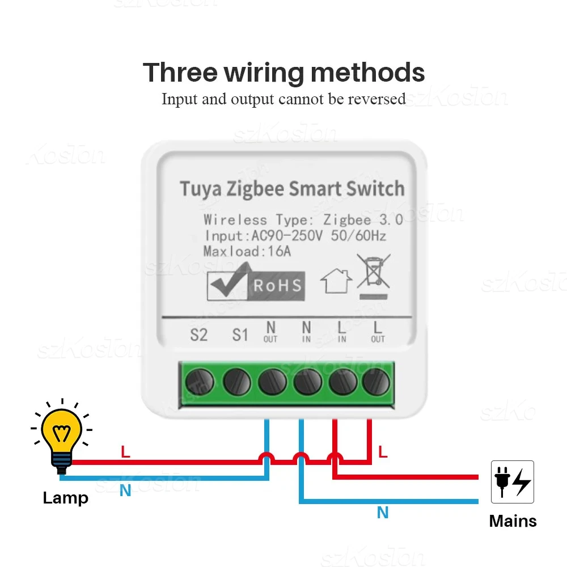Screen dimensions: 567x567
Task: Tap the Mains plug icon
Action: pyautogui.click(x=512, y=482)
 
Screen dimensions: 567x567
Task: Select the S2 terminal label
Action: pyautogui.click(x=198, y=335)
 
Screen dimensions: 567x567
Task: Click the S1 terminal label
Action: pyautogui.click(x=240, y=335)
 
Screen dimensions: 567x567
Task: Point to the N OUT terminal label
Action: pyautogui.click(x=270, y=332)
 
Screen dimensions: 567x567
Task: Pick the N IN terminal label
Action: pyautogui.click(x=306, y=332)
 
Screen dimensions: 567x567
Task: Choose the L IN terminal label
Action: pyautogui.click(x=342, y=332)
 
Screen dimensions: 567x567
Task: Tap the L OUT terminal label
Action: pyautogui.click(x=378, y=332)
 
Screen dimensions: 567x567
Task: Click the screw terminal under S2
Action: pyautogui.click(x=201, y=383)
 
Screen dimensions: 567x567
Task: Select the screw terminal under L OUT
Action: pyautogui.click(x=377, y=383)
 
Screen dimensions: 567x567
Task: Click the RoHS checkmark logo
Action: pyautogui.click(x=256, y=283)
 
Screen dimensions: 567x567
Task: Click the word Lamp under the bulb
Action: pyautogui.click(x=66, y=498)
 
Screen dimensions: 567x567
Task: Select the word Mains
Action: pyautogui.click(x=513, y=521)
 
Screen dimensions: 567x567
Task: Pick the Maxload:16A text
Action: pyautogui.click(x=247, y=251)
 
